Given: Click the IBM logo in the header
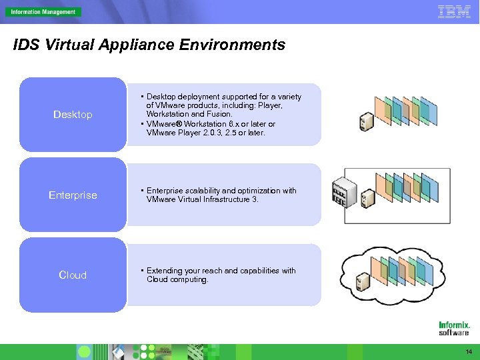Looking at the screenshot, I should tap(454, 11).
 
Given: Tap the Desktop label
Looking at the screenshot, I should tap(73, 115).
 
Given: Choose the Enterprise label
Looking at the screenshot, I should tap(73, 195).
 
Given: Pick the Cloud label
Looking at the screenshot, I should tap(73, 275).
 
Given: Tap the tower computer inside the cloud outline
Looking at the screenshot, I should tap(363, 281).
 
